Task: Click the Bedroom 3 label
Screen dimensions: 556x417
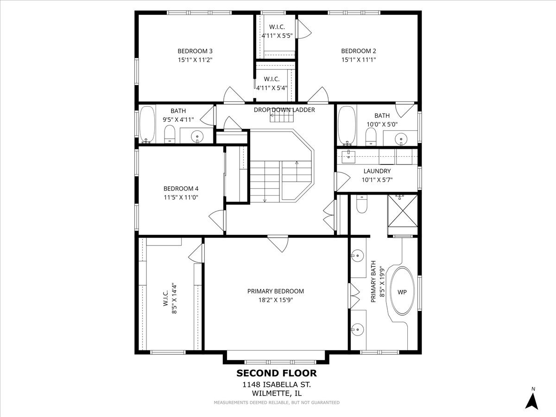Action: tap(195, 51)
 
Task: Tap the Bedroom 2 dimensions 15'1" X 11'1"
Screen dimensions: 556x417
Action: tap(359, 60)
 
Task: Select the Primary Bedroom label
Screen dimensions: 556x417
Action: tap(276, 291)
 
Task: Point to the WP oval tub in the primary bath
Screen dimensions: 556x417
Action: tap(402, 291)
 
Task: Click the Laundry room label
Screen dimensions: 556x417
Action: tap(377, 171)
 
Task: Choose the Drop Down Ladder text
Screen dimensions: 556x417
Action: tap(284, 110)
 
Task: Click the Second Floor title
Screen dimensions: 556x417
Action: tap(277, 373)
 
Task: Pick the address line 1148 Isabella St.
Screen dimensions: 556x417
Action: tap(277, 385)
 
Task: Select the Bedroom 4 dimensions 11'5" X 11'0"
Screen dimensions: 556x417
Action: tap(181, 197)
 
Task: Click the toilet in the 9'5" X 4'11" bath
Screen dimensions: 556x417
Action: tap(170, 134)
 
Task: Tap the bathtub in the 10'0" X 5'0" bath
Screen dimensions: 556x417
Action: tap(347, 126)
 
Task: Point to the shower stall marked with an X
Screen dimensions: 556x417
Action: tap(403, 211)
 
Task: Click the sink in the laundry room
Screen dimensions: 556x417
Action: tap(348, 157)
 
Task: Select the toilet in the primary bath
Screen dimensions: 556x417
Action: tap(361, 204)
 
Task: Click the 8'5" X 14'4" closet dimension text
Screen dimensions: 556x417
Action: tap(174, 298)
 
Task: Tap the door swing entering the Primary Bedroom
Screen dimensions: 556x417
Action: tap(278, 244)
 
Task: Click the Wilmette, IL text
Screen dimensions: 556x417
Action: tap(277, 393)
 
